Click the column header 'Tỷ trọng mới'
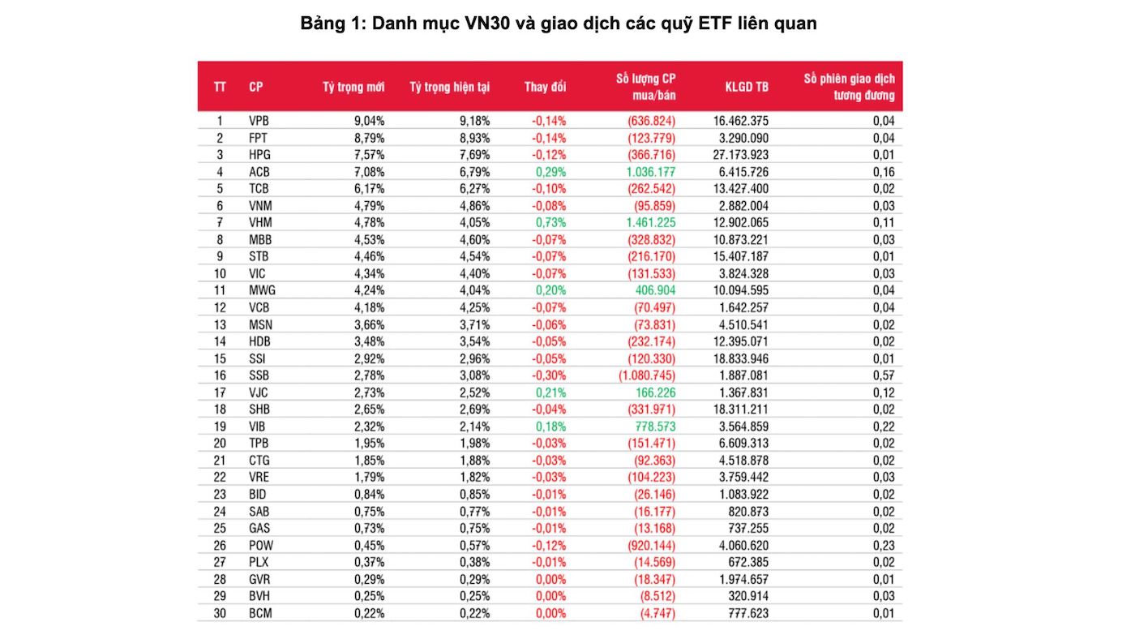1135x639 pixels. pos(353,87)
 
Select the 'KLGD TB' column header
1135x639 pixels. pos(747,87)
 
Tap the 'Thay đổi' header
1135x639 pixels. pos(545,87)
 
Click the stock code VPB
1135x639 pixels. pos(259,121)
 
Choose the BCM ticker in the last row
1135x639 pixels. pos(260,613)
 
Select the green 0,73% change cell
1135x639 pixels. pos(550,223)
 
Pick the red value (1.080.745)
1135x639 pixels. pos(646,375)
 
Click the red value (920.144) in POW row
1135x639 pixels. pos(650,545)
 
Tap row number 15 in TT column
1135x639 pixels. pos(219,358)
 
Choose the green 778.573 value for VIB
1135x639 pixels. pos(653,427)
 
